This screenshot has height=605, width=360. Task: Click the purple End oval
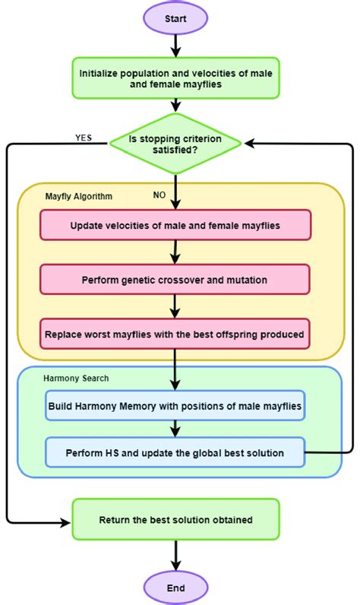(x=175, y=588)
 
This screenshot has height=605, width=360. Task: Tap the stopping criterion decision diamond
(x=175, y=143)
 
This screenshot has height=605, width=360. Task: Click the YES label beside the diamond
(x=84, y=138)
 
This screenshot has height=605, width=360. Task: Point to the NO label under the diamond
(x=159, y=195)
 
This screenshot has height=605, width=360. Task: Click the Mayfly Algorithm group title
(x=79, y=196)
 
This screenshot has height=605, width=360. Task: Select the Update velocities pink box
(x=175, y=226)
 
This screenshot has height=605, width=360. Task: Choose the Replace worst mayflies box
(x=175, y=334)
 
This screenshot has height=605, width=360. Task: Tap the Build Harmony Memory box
(x=175, y=407)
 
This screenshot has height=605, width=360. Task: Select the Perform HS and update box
(x=175, y=452)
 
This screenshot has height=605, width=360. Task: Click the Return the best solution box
(x=175, y=520)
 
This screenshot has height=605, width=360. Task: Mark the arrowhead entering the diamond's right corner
(x=248, y=143)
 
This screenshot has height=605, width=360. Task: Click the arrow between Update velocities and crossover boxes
(x=175, y=252)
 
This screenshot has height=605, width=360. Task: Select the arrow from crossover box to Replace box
(x=175, y=306)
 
